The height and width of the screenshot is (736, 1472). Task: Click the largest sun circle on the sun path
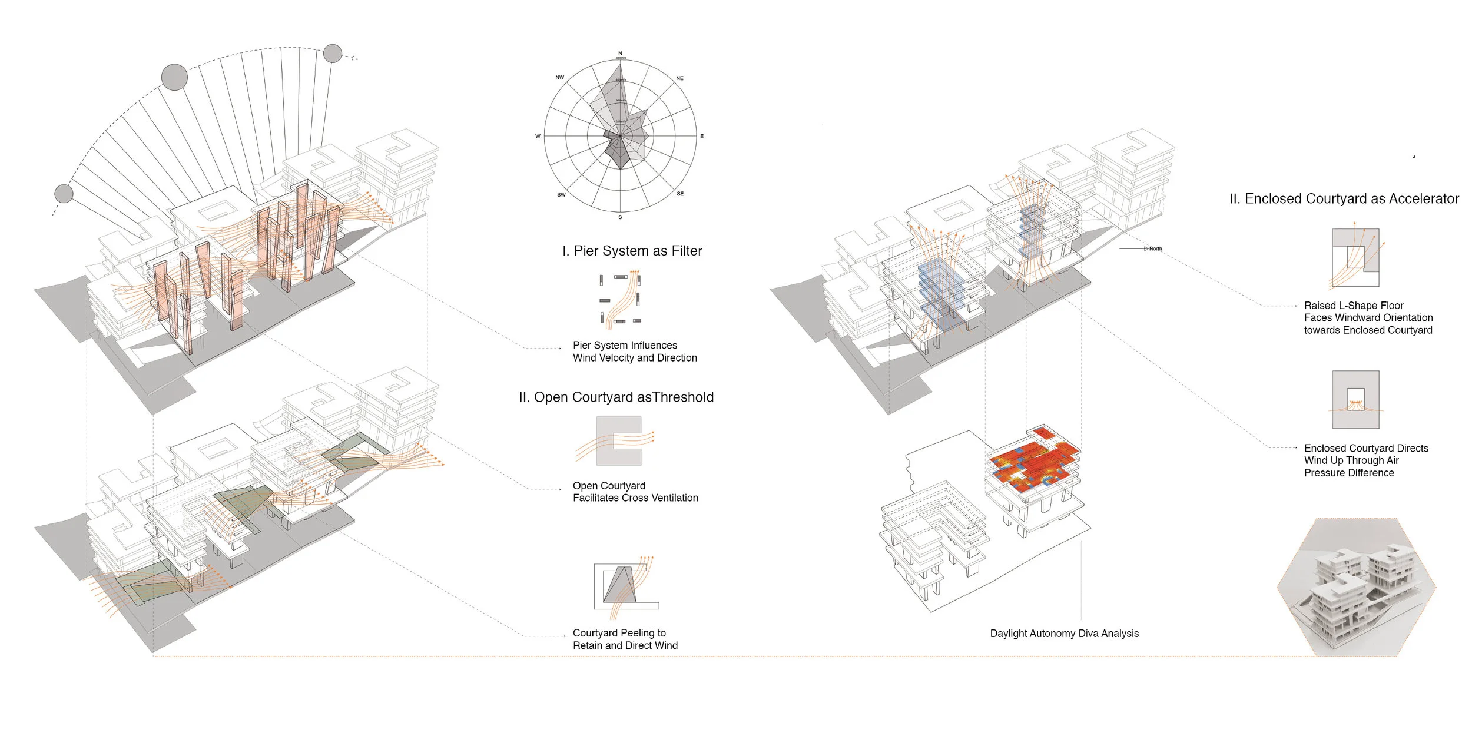(x=174, y=78)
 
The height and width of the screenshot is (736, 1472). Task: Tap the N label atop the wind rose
(x=620, y=54)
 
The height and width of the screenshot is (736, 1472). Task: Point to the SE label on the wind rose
(x=680, y=194)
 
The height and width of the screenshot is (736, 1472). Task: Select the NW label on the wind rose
(x=559, y=77)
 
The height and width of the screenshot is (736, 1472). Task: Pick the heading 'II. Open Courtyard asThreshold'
(x=616, y=397)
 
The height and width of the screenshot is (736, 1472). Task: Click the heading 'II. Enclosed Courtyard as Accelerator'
(x=1344, y=199)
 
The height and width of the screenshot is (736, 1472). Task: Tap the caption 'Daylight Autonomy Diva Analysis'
(x=1064, y=634)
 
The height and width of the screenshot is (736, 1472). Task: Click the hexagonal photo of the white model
(x=1356, y=588)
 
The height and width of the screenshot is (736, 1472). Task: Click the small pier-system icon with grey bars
(x=620, y=299)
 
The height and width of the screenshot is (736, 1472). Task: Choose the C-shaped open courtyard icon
(x=618, y=441)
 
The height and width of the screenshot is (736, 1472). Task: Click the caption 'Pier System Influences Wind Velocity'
(x=634, y=352)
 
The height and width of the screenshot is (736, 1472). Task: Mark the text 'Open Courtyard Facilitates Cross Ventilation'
(x=635, y=492)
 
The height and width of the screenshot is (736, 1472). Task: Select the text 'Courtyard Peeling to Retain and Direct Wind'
(x=625, y=639)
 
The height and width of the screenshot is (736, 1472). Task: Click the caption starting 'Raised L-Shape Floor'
(x=1368, y=318)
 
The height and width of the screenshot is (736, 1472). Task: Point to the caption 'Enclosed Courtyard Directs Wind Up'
(x=1365, y=460)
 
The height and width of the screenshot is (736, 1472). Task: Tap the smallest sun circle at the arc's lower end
(x=64, y=193)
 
